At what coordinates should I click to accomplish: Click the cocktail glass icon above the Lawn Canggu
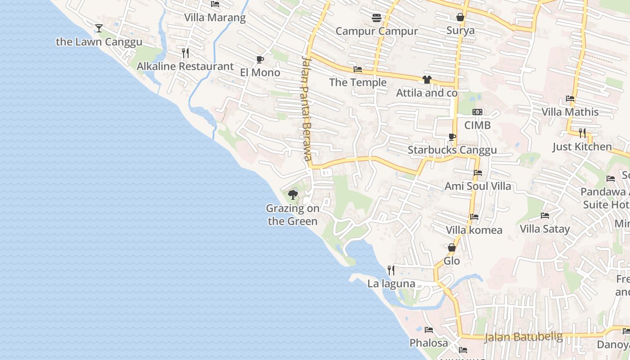99,28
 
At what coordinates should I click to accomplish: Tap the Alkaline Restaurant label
185,67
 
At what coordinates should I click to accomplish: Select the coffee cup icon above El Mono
260,59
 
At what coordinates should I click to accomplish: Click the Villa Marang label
215,18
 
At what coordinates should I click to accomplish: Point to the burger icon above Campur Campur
377,18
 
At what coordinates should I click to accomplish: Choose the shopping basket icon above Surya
460,17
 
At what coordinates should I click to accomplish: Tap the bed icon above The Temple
358,69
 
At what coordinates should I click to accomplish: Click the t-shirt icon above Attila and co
427,80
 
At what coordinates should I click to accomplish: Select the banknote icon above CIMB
477,112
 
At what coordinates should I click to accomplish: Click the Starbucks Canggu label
452,150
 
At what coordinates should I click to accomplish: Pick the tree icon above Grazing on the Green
293,195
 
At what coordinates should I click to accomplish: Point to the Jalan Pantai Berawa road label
307,108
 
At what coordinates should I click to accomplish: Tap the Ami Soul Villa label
478,186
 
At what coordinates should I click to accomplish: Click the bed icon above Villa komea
474,217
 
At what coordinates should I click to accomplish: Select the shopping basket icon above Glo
452,247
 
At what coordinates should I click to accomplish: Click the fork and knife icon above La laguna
391,270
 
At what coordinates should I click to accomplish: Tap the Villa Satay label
545,229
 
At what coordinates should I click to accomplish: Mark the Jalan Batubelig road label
524,337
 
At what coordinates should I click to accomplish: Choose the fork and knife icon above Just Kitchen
582,133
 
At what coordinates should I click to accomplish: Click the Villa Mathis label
570,112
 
